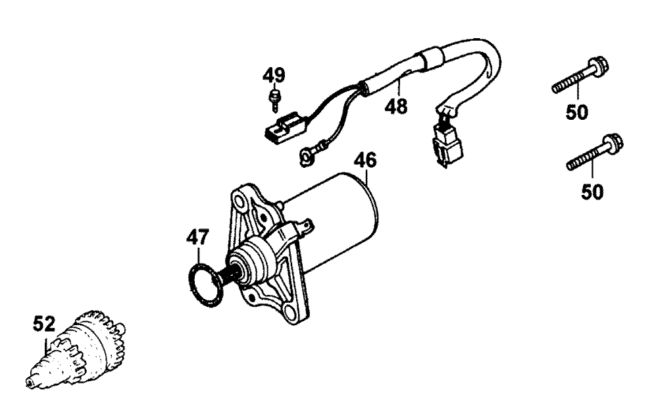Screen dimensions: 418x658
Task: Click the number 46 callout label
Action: click(x=365, y=160)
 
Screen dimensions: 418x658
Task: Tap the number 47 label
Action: click(x=197, y=237)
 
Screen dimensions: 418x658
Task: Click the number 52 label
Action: click(x=44, y=324)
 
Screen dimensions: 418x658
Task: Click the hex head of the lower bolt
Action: click(x=614, y=143)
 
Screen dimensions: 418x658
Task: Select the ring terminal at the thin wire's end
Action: click(x=306, y=155)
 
